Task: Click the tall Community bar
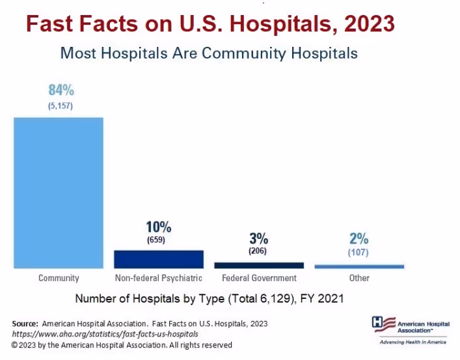point(59,192)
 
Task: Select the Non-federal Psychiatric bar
point(159,259)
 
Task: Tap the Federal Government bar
point(259,265)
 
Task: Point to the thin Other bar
point(359,266)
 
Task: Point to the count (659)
point(156,240)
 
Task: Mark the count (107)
point(359,251)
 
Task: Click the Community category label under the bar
point(59,278)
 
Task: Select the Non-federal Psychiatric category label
point(159,278)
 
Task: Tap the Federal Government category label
point(259,278)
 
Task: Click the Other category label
point(359,278)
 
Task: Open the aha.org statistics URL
point(105,334)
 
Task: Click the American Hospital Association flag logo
point(383,324)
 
